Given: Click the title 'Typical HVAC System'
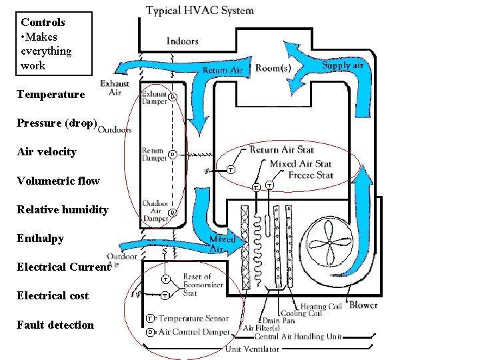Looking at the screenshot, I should pos(200,10).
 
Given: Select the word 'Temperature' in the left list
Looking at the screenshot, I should pos(51,95).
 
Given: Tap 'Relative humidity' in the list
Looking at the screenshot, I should pos(62,210).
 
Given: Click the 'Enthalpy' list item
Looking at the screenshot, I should pos(40,239).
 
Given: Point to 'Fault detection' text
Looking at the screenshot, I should pos(55,325).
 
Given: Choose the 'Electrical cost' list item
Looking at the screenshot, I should pos(53,296).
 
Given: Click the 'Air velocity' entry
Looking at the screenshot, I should pos(47,152).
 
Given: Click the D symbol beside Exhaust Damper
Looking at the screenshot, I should pos(172,97).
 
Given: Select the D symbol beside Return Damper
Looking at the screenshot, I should pos(172,155).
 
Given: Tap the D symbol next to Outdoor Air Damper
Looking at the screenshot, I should pos(172,213).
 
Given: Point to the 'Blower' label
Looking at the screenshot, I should pos(363,305).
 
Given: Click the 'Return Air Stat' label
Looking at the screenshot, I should pos(282,150).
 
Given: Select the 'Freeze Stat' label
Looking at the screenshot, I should pos(311,175).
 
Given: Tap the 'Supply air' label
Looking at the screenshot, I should pos(343,65).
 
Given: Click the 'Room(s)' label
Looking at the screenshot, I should pos(273,68).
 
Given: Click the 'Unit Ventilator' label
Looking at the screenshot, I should pos(251,349).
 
